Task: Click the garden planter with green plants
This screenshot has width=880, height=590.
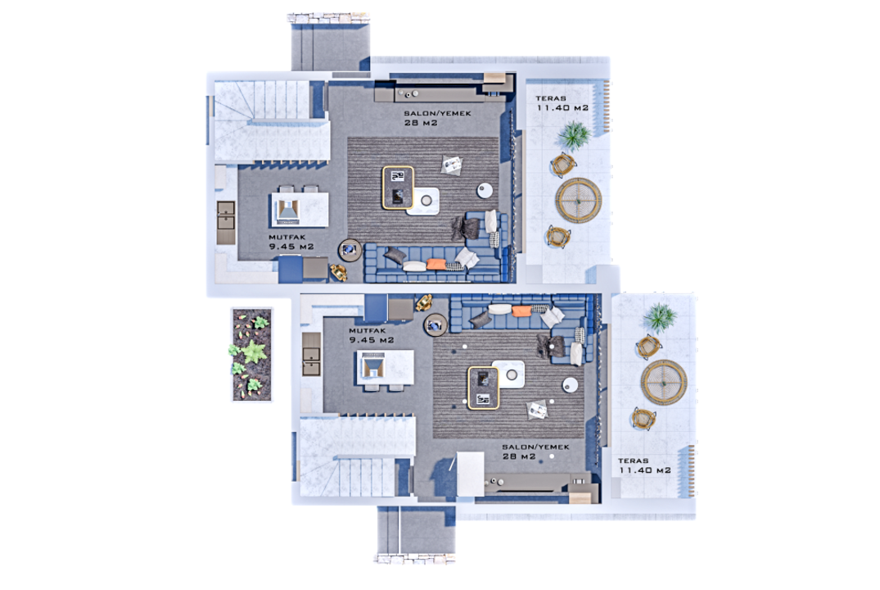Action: pos(252,354)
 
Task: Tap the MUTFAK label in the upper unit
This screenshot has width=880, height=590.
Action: pos(287,237)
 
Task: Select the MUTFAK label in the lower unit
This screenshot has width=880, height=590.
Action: pos(368,331)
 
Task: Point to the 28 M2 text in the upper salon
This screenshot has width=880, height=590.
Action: pos(421,122)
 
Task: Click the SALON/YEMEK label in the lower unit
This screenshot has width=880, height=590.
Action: pos(535,447)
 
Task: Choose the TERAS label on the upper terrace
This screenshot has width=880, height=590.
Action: pos(551,98)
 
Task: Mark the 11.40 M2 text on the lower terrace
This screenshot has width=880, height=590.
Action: pos(645,470)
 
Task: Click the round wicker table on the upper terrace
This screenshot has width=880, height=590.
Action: pos(579,200)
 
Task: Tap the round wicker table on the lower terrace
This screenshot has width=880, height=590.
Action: pos(664,382)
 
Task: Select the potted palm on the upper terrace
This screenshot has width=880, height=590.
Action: pos(574,135)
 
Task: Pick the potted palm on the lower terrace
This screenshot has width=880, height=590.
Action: pos(660,317)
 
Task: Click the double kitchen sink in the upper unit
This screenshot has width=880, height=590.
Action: pos(226,223)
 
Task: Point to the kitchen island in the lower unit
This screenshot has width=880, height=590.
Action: pos(386,367)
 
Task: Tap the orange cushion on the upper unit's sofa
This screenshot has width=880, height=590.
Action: pos(435,264)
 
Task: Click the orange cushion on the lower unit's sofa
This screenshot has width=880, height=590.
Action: pos(521,311)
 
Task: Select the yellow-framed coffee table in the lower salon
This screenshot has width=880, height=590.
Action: pos(483,388)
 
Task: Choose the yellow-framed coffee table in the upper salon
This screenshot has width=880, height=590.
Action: pos(398,188)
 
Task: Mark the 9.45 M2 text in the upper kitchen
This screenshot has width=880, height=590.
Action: pos(291,247)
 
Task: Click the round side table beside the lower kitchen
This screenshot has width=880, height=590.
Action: pos(435,324)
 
